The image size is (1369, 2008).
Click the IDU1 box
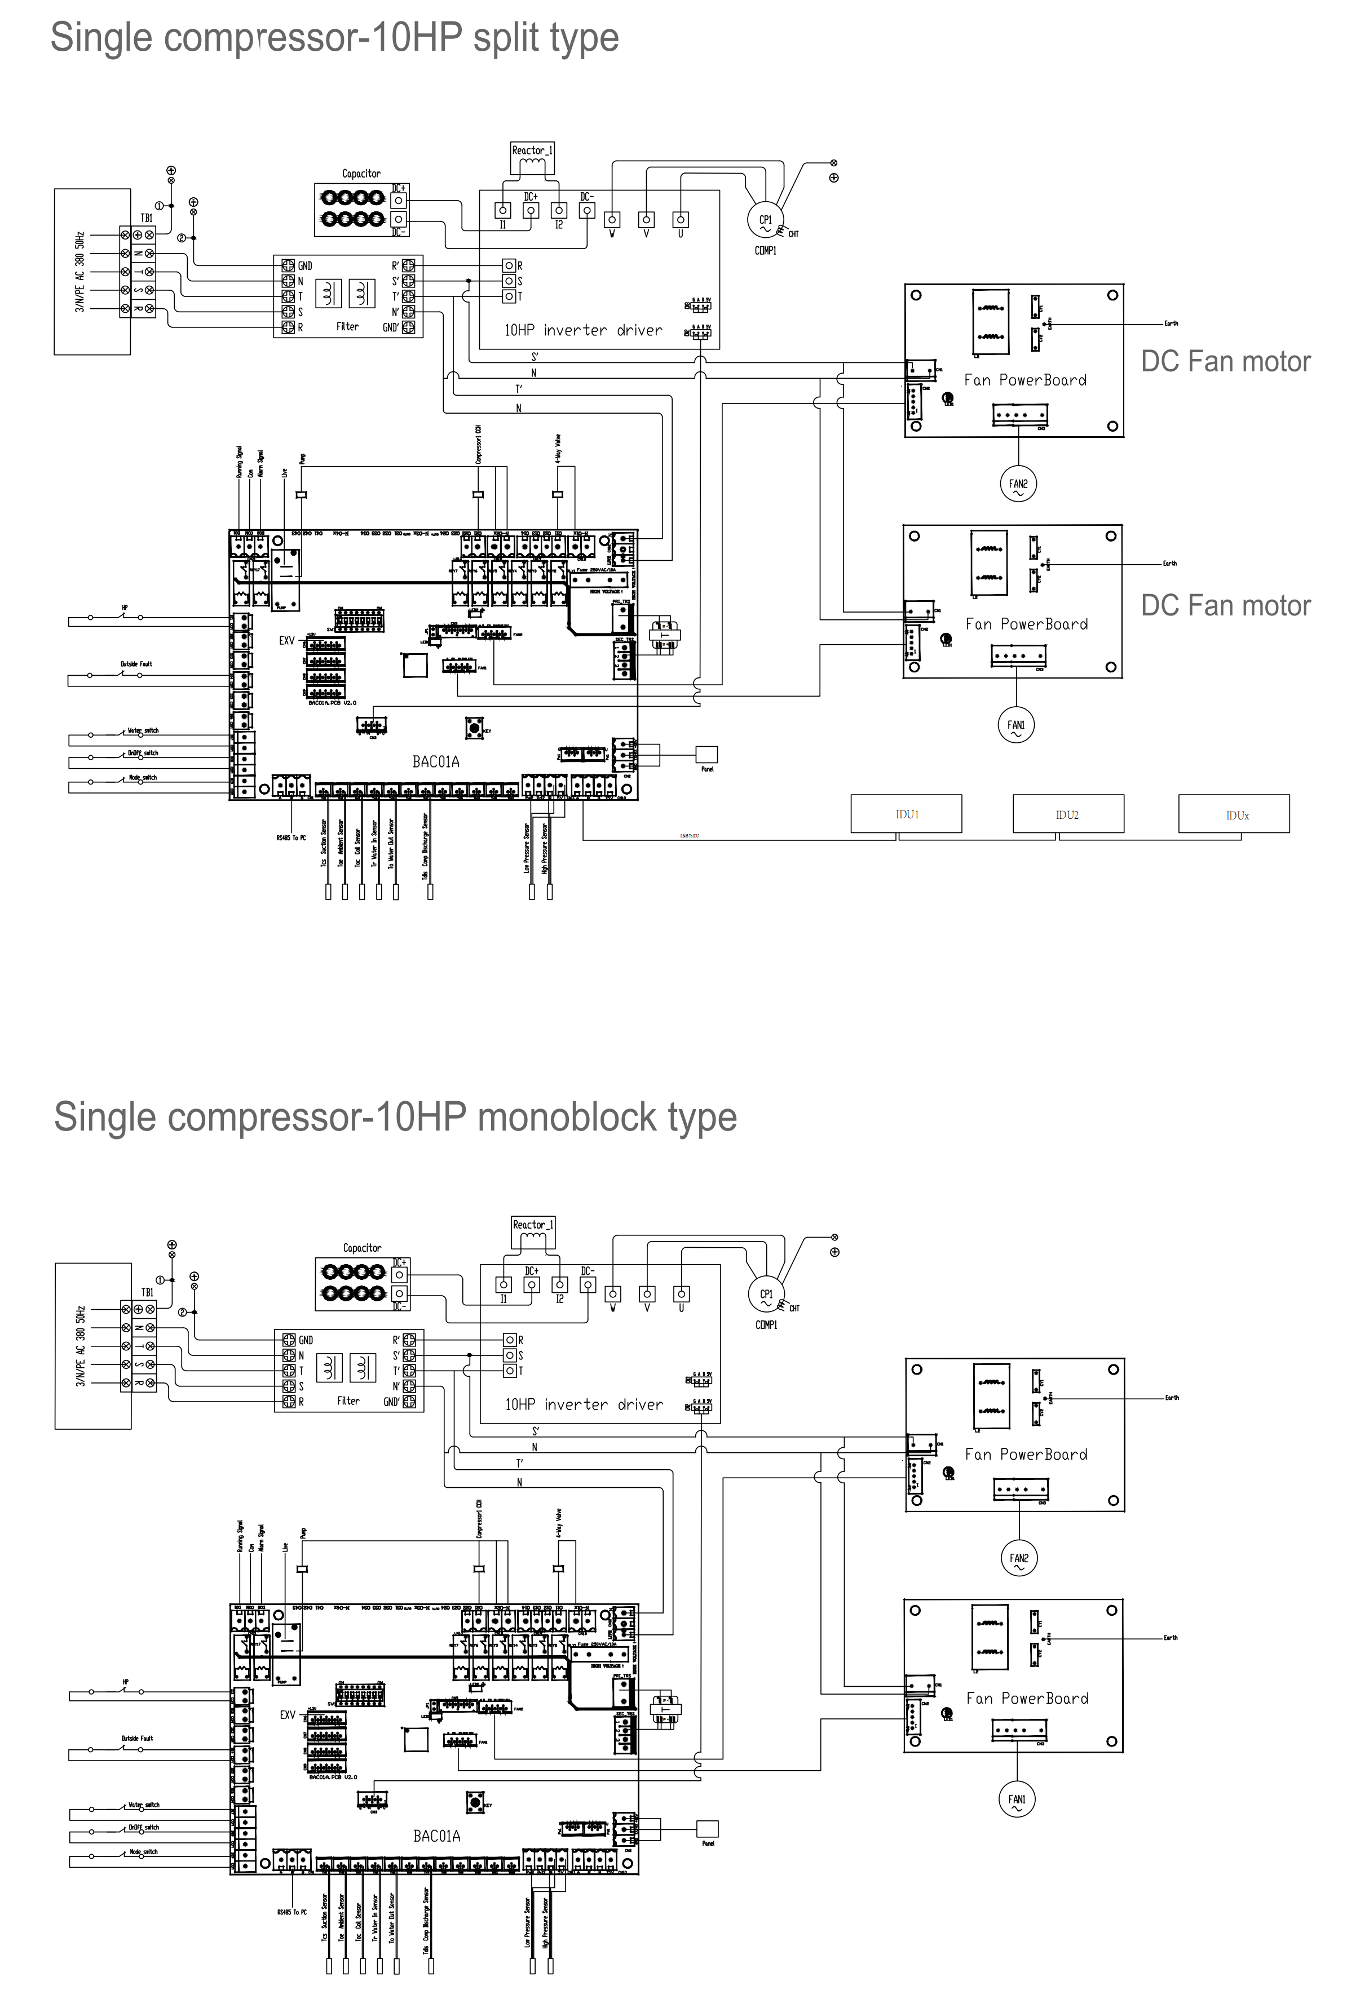point(906,814)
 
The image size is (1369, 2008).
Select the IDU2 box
point(1067,814)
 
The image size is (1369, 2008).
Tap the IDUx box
point(1233,814)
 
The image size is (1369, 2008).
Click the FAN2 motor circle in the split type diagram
point(1018,485)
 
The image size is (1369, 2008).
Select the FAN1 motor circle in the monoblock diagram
point(1017,1800)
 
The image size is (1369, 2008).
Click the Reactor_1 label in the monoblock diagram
point(532,1224)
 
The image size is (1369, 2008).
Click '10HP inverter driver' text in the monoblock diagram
point(584,1404)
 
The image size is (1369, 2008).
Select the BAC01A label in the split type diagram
point(436,761)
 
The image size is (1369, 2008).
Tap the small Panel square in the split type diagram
point(706,754)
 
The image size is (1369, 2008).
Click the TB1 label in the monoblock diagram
point(148,1293)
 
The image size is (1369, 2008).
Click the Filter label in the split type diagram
point(347,327)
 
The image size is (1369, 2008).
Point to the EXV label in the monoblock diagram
point(287,1715)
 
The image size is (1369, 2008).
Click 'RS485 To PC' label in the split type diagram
point(292,837)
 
